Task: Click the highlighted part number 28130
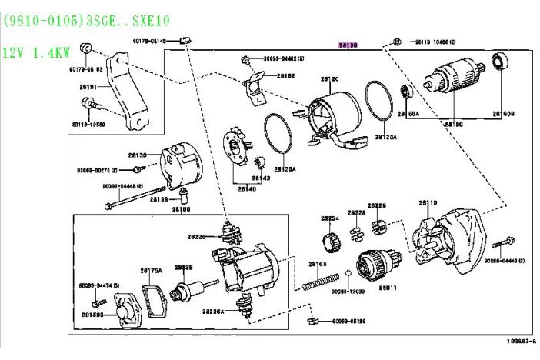pos(348,45)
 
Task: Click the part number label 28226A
pos(212,312)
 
